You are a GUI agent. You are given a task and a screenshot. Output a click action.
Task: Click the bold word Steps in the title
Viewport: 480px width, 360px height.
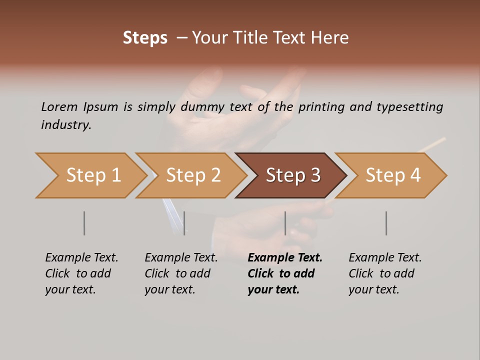[x=145, y=38]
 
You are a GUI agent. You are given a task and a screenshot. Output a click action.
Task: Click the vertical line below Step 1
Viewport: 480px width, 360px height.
[x=84, y=223]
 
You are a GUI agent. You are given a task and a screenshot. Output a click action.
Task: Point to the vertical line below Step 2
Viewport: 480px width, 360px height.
[x=184, y=223]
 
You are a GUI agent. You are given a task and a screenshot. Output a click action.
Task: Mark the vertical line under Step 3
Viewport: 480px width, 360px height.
[x=285, y=223]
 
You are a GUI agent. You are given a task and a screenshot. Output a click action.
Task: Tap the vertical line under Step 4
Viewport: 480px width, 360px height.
[x=386, y=223]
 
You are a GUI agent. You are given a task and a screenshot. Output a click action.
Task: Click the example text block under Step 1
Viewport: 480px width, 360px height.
[x=81, y=273]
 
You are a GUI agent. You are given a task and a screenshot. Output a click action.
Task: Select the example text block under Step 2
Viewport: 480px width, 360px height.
[x=181, y=273]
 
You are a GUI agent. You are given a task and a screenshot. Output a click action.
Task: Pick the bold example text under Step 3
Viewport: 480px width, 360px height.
[x=285, y=273]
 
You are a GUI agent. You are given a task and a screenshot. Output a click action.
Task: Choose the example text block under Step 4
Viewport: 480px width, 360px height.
[x=385, y=273]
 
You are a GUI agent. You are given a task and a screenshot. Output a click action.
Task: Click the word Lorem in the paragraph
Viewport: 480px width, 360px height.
[x=59, y=106]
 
